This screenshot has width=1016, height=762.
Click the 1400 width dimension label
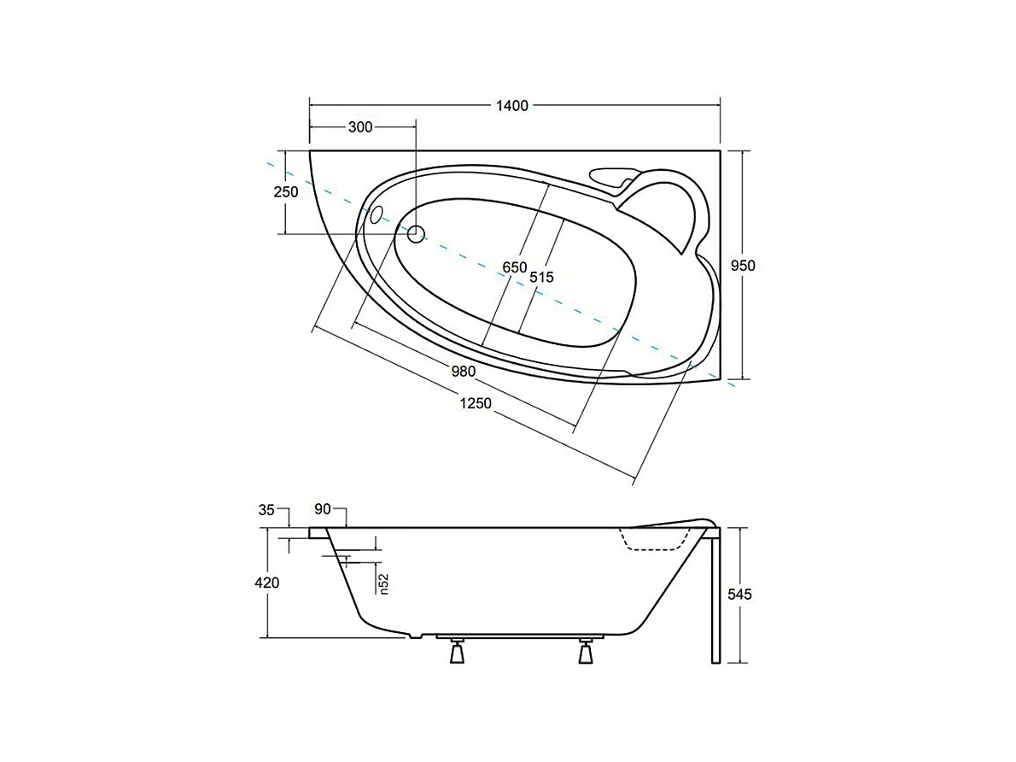tap(512, 106)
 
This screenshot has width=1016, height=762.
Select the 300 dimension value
tap(360, 127)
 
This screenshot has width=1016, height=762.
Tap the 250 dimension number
tap(286, 192)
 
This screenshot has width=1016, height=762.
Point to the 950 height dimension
tap(743, 266)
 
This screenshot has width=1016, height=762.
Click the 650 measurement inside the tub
tap(514, 268)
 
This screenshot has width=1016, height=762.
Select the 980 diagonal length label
tap(461, 372)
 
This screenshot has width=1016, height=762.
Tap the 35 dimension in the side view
tap(266, 510)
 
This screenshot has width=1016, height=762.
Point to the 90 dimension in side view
tap(322, 510)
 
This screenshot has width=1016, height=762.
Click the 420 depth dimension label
tap(267, 583)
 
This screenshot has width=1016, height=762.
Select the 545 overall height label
tap(739, 595)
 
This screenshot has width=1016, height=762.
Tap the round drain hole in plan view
tap(416, 233)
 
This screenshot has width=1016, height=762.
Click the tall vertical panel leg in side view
tap(715, 598)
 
